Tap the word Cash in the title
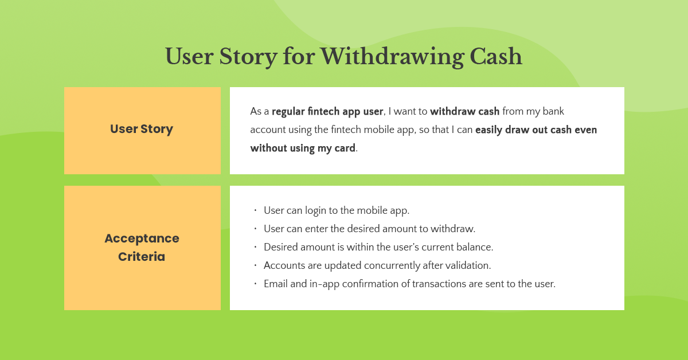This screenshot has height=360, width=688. pos(496,57)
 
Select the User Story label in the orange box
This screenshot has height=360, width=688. pos(142,129)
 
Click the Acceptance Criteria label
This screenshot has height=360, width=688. pos(142,248)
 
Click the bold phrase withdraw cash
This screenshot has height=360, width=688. pos(464,111)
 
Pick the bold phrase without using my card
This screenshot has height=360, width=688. pos(303,148)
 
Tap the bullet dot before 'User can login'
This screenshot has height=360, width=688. pos(255,210)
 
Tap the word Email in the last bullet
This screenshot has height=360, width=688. pos(276,284)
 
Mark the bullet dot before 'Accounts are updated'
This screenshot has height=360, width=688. pos(255,265)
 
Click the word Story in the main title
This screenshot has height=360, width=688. pos(249,57)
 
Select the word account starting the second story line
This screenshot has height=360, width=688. pos(267,130)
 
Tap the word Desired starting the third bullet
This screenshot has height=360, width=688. pos(281,247)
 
